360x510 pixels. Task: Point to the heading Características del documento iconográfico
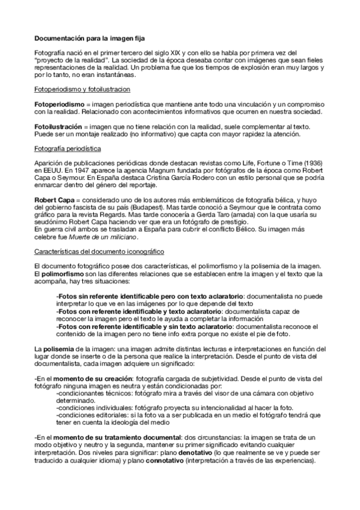coord(99,250)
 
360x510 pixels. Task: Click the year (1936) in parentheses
coord(314,164)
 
